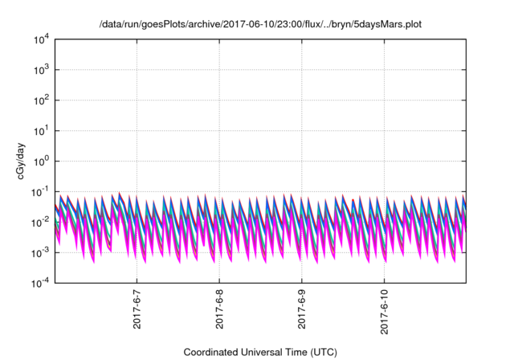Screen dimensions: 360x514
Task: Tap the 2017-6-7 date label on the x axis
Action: (137, 309)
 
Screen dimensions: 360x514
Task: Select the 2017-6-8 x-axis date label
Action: (219, 309)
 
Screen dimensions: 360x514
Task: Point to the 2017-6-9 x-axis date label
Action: (302, 309)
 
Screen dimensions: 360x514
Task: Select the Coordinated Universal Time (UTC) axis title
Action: (259, 352)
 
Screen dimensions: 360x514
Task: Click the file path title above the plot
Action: (259, 25)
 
